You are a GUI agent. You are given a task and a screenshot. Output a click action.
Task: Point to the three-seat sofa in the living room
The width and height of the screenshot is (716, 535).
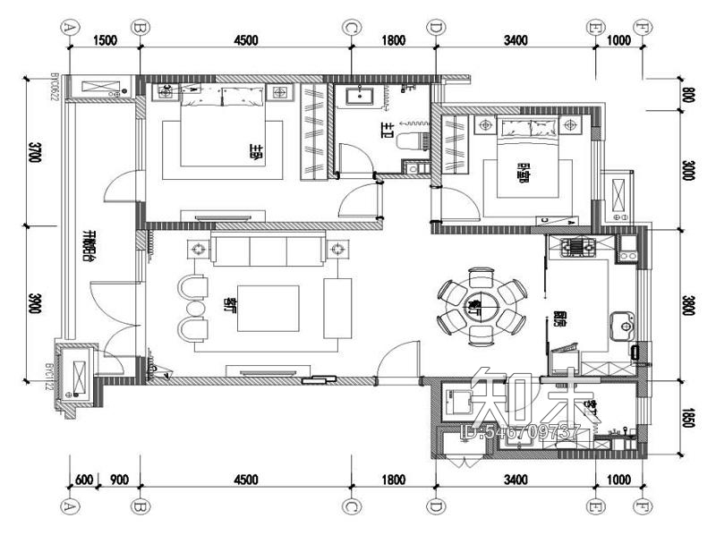coord(268,251)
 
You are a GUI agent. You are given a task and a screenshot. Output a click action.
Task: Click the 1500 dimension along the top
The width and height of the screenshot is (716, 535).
coord(104,39)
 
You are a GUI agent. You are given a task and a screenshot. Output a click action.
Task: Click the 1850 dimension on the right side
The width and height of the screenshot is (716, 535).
coord(687,416)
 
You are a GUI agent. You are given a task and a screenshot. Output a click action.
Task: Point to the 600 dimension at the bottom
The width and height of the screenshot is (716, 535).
coord(82,480)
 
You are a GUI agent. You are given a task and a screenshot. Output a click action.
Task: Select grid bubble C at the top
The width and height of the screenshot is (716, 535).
coord(350,27)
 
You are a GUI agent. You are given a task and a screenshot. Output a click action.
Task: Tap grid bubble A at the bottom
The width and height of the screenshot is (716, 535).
coord(68,505)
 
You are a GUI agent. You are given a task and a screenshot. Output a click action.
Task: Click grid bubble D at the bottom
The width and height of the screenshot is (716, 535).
coord(435,505)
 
